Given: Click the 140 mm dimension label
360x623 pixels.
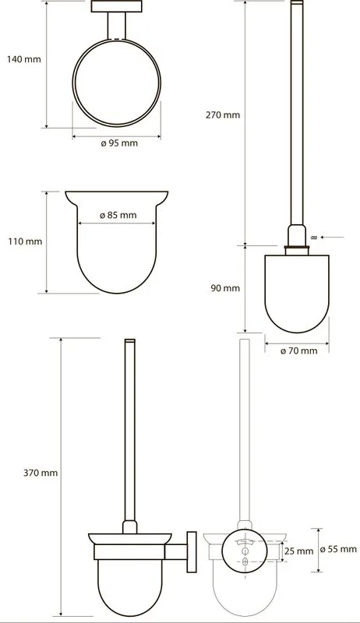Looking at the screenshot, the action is [24, 59].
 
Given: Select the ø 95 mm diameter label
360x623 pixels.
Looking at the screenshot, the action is [119, 143].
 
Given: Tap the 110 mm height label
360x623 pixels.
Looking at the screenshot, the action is [25, 241].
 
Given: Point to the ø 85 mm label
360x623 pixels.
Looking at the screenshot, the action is [118, 215].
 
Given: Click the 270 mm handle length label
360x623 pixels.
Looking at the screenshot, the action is [223, 114].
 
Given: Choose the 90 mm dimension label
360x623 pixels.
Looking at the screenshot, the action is [225, 288].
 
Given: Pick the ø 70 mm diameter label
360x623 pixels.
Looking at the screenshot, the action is [298, 351].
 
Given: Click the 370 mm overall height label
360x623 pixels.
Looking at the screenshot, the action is [41, 473].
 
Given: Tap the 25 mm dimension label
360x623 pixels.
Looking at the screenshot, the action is [298, 551].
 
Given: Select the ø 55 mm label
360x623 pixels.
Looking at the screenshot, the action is [338, 550].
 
